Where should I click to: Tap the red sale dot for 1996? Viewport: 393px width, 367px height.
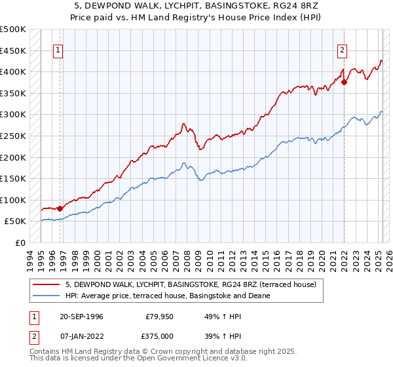60,208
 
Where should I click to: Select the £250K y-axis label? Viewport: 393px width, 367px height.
13,136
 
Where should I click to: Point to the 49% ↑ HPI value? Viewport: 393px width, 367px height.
214,317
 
